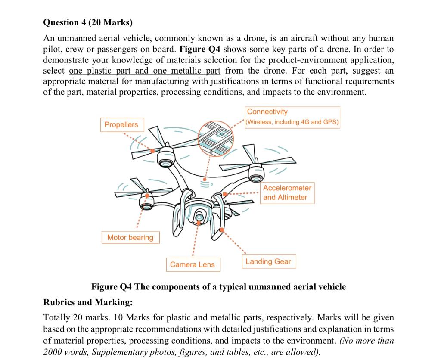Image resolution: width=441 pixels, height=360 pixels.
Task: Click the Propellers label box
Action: (122, 124)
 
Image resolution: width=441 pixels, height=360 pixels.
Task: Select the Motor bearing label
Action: (130, 237)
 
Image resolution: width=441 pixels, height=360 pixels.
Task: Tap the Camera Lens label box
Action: (192, 264)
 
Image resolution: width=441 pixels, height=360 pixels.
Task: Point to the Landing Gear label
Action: (268, 261)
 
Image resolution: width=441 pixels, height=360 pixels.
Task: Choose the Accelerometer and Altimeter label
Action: (287, 192)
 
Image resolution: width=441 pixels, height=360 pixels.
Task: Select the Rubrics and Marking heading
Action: (88, 302)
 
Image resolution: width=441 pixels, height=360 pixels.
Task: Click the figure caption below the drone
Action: (218, 286)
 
